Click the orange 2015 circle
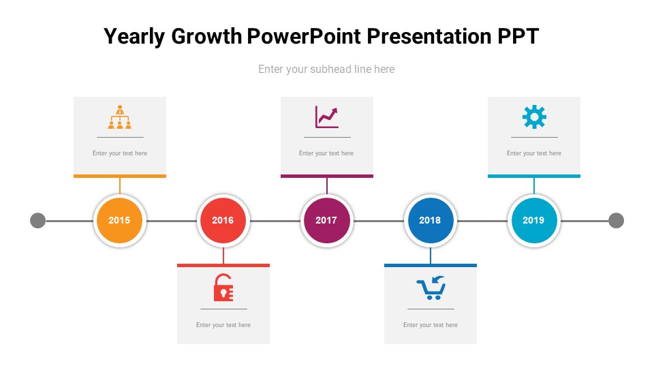pyautogui.click(x=119, y=220)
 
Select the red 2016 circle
pyautogui.click(x=223, y=220)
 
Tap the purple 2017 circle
pyautogui.click(x=326, y=220)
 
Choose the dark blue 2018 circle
pyautogui.click(x=430, y=220)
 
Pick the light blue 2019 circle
pyautogui.click(x=534, y=220)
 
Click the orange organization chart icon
pyautogui.click(x=120, y=117)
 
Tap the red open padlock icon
pyautogui.click(x=223, y=288)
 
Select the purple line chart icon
pyautogui.click(x=326, y=117)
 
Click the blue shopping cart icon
pyautogui.click(x=431, y=288)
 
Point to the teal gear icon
pyautogui.click(x=534, y=117)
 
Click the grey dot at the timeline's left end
pyautogui.click(x=38, y=220)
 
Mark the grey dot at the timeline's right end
pyautogui.click(x=616, y=220)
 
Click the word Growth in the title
pyautogui.click(x=206, y=37)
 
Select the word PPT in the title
pyautogui.click(x=518, y=36)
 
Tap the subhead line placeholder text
pyautogui.click(x=326, y=70)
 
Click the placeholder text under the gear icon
pyautogui.click(x=534, y=153)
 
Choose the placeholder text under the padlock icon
pyautogui.click(x=223, y=325)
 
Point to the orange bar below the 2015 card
pyautogui.click(x=120, y=176)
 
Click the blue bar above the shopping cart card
pyautogui.click(x=431, y=265)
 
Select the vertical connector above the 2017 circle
pyautogui.click(x=326, y=186)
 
